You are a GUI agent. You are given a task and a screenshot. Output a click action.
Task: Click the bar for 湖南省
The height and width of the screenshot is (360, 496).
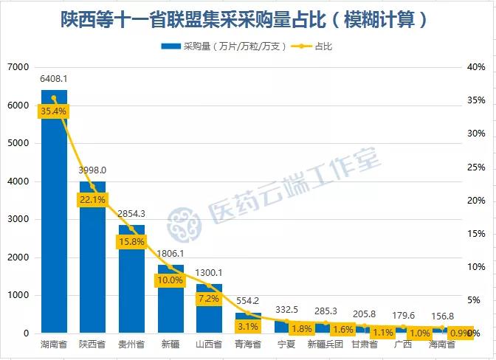(54, 221)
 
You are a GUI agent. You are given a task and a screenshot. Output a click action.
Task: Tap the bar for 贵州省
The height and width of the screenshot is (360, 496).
(131, 288)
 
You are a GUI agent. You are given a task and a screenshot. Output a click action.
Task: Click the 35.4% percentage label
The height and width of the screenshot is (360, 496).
(54, 111)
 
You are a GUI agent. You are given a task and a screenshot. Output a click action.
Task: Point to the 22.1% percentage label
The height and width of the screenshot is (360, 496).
(92, 199)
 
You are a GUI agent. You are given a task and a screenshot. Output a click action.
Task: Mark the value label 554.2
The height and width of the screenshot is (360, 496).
(248, 301)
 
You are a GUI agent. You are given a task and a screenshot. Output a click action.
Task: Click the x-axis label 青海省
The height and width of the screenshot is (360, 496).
(248, 345)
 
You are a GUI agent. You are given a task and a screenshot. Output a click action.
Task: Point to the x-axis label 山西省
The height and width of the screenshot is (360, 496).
(209, 345)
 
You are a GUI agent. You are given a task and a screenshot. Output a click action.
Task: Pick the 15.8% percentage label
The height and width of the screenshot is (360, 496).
(131, 241)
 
